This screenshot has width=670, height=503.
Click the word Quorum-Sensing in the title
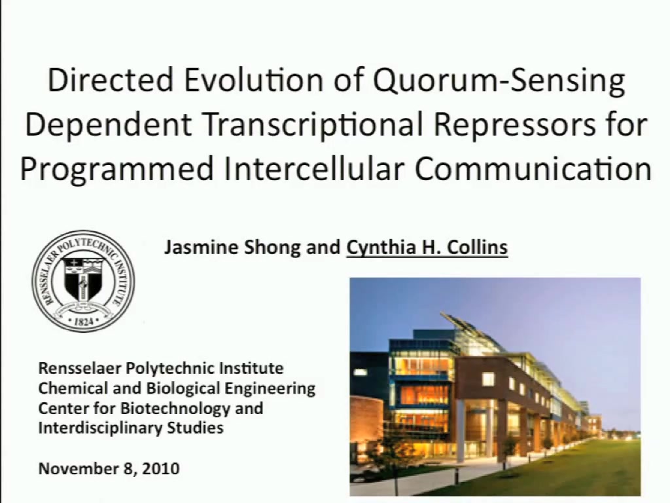pos(499,81)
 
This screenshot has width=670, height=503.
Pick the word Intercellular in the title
pos(314,168)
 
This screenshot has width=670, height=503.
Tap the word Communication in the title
pos(533,168)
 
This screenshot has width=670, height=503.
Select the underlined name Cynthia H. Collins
pos(427,248)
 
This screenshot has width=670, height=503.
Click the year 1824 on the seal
pos(83,321)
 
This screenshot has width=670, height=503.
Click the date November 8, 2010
pos(109,468)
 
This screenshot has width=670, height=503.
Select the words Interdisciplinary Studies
pos(131,428)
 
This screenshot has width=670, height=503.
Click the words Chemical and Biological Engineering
pos(177,388)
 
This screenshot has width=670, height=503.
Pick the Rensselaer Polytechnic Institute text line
pos(161,368)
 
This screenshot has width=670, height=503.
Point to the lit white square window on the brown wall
pos(488,379)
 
